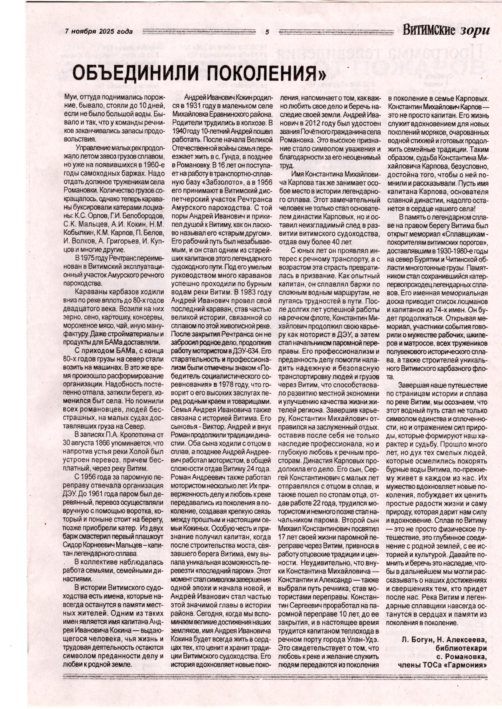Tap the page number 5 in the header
pyautogui.click(x=267, y=32)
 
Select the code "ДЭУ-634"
pyautogui.click(x=246, y=351)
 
